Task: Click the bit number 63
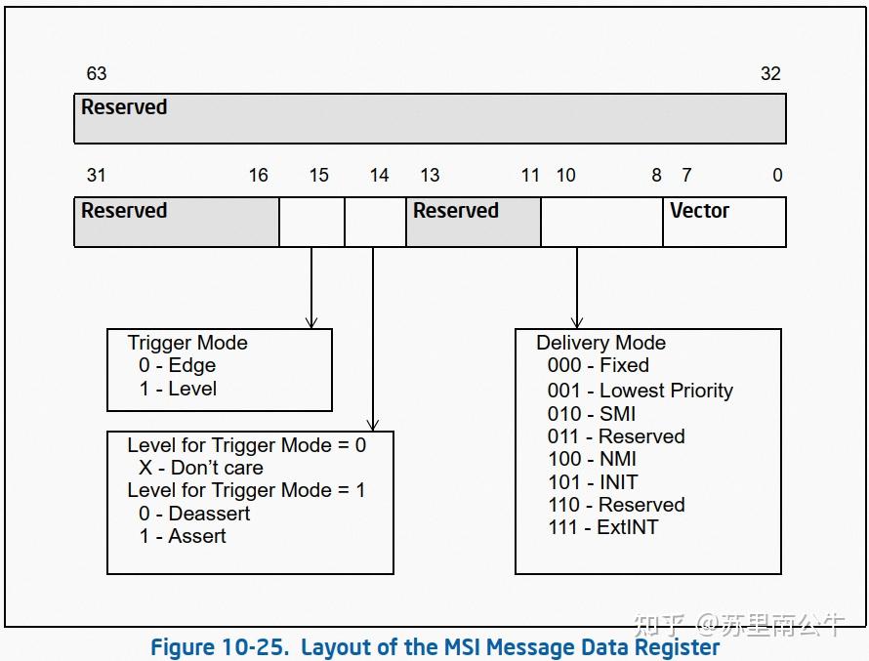[96, 74]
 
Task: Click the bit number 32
[770, 74]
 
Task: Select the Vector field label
[699, 211]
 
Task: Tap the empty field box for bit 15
[311, 222]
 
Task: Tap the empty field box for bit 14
[375, 222]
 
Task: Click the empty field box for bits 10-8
[601, 222]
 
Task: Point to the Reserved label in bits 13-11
[455, 211]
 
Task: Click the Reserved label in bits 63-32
[124, 107]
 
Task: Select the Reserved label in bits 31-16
[124, 211]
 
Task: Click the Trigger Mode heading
[187, 343]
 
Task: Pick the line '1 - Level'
[178, 389]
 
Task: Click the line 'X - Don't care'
[200, 468]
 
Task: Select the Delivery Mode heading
[600, 343]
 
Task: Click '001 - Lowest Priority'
[640, 391]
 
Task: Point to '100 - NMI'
[592, 459]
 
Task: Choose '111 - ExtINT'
[602, 527]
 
